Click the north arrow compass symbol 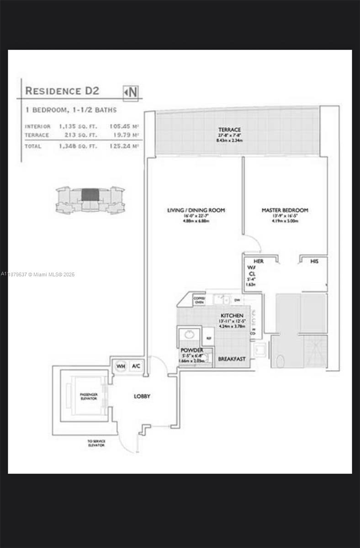[x=131, y=92]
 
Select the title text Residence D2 [x=62, y=90]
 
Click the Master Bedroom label [x=285, y=210]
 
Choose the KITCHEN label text [x=232, y=316]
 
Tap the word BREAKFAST [x=232, y=359]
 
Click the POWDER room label [x=191, y=350]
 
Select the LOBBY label [x=142, y=396]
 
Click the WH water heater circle [x=121, y=366]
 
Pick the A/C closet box [x=136, y=366]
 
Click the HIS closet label [x=314, y=262]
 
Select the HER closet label [x=259, y=262]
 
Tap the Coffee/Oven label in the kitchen [x=199, y=299]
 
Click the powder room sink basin [x=189, y=335]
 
